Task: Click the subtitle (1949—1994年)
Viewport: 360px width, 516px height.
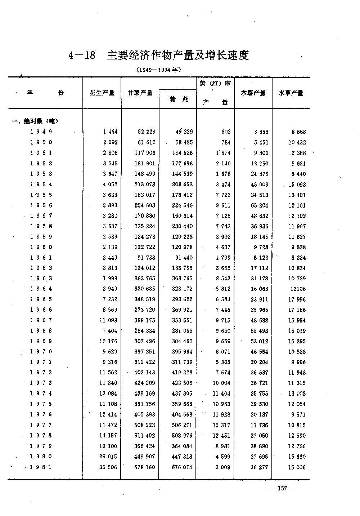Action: tap(158, 70)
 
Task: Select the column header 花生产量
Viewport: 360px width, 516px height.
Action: tap(102, 93)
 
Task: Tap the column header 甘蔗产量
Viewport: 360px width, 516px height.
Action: tap(140, 93)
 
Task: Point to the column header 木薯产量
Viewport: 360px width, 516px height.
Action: tap(253, 93)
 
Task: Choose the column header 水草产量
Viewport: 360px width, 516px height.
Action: tap(291, 93)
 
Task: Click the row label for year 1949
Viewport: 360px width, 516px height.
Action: tap(41, 132)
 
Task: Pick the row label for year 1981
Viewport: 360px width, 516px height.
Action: tap(41, 467)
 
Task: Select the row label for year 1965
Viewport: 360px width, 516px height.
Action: tap(41, 299)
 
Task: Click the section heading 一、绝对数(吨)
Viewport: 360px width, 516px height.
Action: tap(35, 121)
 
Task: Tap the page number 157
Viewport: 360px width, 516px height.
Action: tap(282, 488)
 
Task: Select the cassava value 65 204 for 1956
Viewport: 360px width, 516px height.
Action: tap(259, 205)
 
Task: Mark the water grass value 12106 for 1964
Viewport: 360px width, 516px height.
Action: tap(297, 289)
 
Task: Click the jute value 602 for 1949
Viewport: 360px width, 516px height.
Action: tap(226, 132)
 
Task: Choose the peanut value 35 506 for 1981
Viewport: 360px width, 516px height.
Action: tap(108, 467)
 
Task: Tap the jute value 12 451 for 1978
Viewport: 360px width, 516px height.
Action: tap(221, 436)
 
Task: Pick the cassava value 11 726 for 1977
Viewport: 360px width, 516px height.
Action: tap(259, 425)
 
